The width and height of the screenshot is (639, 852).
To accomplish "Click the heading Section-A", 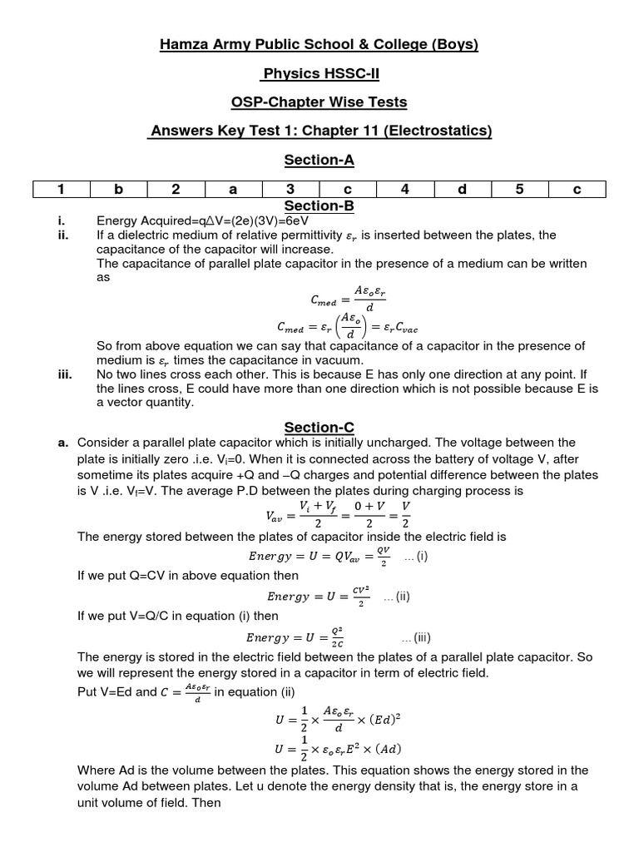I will click(x=319, y=159).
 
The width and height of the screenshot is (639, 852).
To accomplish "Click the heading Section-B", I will click(x=319, y=206).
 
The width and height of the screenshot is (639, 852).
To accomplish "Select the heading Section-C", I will click(x=319, y=427).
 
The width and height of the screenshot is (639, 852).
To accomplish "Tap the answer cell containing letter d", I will click(x=462, y=190).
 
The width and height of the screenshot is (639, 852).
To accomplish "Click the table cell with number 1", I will click(x=61, y=190).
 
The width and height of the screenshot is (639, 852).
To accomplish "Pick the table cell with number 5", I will click(x=519, y=190).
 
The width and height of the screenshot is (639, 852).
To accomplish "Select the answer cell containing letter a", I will click(x=233, y=190).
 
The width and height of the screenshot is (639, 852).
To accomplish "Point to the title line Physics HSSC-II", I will click(x=319, y=73).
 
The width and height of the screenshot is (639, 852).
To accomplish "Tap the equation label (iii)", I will click(x=416, y=638).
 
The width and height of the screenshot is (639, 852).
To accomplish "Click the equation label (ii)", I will click(x=397, y=597).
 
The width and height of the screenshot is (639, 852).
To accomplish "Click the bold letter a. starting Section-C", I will click(x=62, y=443).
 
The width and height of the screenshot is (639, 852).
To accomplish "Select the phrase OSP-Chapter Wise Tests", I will click(x=319, y=102).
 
